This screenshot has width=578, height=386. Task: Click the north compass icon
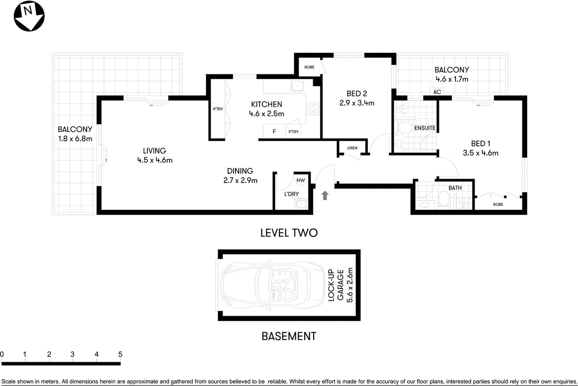coord(29,16)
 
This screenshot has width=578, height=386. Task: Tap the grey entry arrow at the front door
coord(325,195)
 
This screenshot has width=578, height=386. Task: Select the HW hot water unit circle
coord(301,181)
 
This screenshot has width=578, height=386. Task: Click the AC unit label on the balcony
coord(437,92)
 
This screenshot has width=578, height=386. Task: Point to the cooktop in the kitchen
coord(313,108)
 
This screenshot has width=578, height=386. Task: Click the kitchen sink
coord(297,86)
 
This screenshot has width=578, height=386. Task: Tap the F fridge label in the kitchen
coord(274,131)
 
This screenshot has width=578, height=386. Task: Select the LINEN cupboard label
coord(352,148)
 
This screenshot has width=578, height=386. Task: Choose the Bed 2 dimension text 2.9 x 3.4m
coord(357,103)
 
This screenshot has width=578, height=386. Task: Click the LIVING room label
coord(155,151)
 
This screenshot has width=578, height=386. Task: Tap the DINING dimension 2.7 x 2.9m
coord(240,181)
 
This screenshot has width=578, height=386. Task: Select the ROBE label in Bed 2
coord(309,67)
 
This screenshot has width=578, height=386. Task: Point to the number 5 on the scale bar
coord(120,354)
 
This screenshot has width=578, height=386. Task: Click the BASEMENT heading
coord(289,336)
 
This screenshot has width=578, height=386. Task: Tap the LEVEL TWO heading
coord(289,233)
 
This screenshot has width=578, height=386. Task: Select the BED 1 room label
coord(480,144)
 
